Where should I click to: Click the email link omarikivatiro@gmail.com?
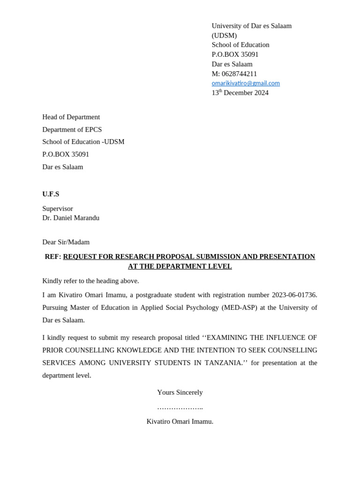point(246,83)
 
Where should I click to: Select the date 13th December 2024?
point(240,93)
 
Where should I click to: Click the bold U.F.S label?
point(51,194)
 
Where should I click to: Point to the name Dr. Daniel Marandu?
point(71,218)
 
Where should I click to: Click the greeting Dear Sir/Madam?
point(66,242)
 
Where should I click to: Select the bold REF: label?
point(53,257)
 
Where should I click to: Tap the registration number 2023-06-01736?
point(294,295)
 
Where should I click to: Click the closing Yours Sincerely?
point(180,392)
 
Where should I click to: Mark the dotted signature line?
point(180,407)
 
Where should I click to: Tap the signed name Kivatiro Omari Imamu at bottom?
point(180,421)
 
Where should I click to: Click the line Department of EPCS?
point(72,129)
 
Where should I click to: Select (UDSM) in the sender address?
point(224,36)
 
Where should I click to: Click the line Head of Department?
point(71,117)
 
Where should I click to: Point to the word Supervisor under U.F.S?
point(58,209)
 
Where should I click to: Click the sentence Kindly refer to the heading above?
point(90,281)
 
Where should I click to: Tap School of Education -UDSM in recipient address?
point(83,142)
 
